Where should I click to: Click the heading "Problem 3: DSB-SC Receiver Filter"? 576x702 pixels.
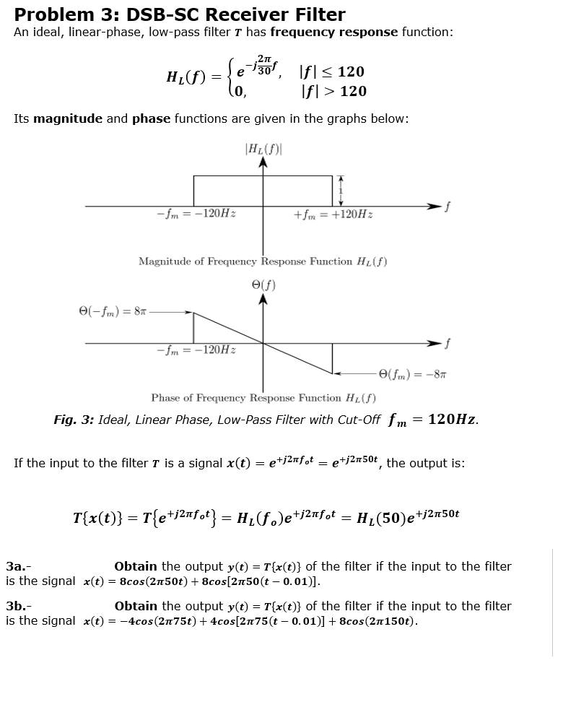point(180,14)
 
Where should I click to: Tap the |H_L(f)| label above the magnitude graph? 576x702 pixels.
point(264,149)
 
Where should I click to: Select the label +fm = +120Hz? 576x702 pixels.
point(333,214)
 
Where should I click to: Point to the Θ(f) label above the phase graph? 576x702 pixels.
point(263,285)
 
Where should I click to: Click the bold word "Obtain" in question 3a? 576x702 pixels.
point(136,566)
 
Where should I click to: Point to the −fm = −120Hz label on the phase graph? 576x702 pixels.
point(198,350)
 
